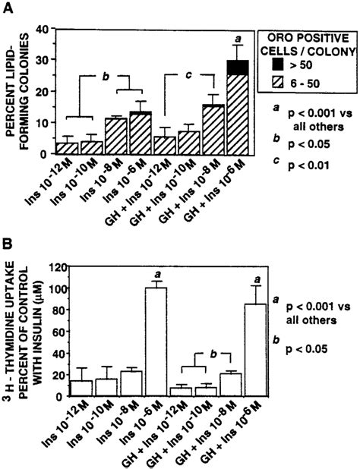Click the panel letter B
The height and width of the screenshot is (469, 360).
(x=9, y=247)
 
